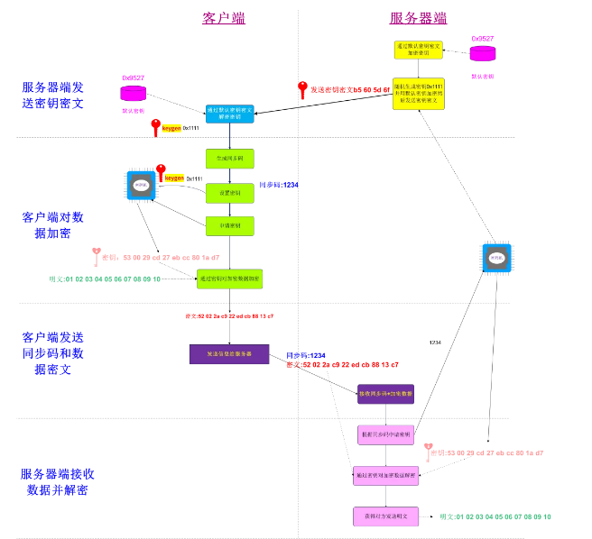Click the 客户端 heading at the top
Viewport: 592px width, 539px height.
[x=223, y=18]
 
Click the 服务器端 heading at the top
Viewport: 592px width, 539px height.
[x=418, y=18]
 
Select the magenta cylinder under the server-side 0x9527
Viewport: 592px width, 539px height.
[x=483, y=53]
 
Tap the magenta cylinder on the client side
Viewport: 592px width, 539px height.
[x=133, y=93]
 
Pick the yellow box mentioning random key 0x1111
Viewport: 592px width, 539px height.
[x=419, y=93]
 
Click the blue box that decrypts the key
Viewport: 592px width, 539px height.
[x=230, y=114]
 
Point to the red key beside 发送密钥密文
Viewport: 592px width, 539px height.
[x=303, y=89]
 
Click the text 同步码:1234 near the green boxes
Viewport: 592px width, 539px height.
[x=279, y=185]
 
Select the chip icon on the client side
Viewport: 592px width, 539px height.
[x=140, y=187]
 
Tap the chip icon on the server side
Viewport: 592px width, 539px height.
[x=495, y=258]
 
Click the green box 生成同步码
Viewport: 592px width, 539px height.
[x=229, y=160]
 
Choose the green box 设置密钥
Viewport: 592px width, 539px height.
[x=229, y=192]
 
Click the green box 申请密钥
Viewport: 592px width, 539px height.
[x=229, y=224]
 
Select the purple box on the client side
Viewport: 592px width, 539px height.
[x=229, y=353]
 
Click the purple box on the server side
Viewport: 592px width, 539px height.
[x=385, y=393]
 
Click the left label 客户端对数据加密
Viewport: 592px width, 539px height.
[x=52, y=225]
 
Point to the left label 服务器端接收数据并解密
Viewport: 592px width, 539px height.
[x=58, y=481]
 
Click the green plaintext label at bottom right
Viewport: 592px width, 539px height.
[x=495, y=516]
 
